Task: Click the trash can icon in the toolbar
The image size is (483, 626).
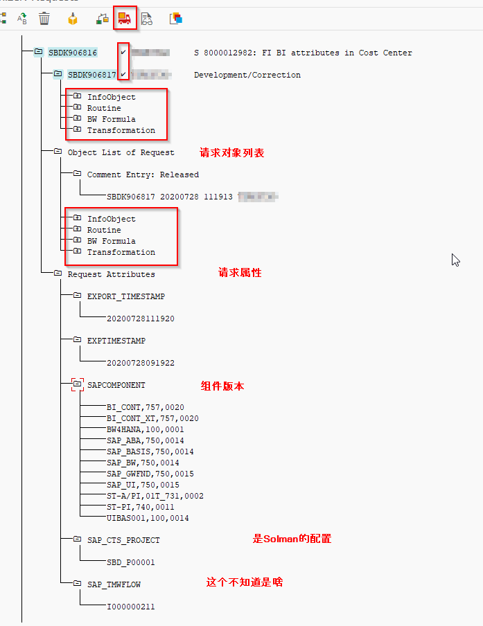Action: pos(44,19)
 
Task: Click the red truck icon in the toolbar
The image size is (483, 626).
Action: pos(125,19)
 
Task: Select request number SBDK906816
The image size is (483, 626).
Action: pos(72,53)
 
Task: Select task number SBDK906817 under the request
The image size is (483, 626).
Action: pos(91,75)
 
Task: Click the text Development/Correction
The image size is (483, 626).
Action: pos(247,75)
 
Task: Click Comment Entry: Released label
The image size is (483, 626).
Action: pos(143,175)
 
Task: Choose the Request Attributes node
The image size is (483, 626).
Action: pos(111,274)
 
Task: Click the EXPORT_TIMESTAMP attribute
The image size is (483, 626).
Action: pos(125,296)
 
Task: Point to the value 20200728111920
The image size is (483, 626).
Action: pos(140,319)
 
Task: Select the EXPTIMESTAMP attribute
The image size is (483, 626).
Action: pos(116,341)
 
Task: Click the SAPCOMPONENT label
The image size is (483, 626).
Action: pos(116,385)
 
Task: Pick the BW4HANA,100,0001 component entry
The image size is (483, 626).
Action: pos(145,429)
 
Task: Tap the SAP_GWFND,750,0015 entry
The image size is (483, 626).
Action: pos(150,474)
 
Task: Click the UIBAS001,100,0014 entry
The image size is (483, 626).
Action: pos(148,518)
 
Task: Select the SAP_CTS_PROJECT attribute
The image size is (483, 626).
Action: pos(123,540)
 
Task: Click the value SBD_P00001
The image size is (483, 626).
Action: pos(130,562)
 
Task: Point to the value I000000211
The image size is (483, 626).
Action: pos(130,607)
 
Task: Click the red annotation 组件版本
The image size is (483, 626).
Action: pos(222,386)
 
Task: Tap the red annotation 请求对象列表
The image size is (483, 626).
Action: pos(231,152)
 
